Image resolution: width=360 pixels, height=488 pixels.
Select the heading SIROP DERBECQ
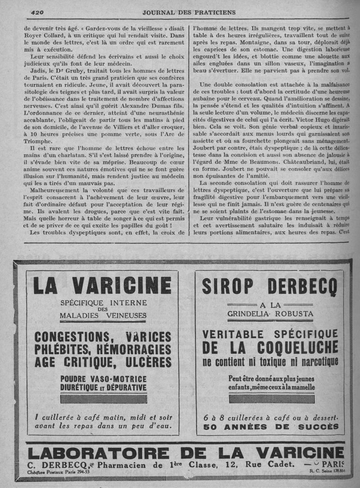click(270, 287)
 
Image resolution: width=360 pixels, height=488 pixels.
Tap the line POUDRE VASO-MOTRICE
click(103, 379)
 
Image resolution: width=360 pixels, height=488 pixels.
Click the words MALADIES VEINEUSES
click(103, 315)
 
